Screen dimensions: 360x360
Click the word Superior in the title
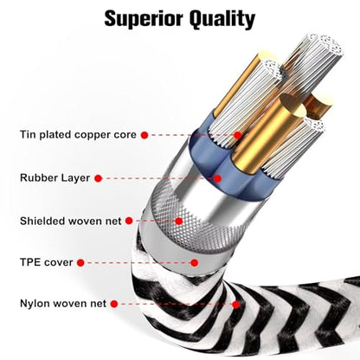click(x=145, y=18)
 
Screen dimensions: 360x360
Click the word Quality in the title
click(x=222, y=20)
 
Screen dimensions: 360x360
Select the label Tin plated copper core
click(x=78, y=135)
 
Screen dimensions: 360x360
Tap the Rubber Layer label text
click(x=55, y=177)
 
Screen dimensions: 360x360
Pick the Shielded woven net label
click(x=71, y=221)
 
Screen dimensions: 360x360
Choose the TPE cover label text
click(x=46, y=262)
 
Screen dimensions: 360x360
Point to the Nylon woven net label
click(x=63, y=304)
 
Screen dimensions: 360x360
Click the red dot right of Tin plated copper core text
click(x=145, y=135)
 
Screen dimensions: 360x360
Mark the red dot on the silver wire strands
click(x=238, y=135)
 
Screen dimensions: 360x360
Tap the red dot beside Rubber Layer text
click(x=99, y=178)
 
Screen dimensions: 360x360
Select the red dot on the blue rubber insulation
click(x=218, y=178)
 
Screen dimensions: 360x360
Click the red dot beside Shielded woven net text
click(x=129, y=221)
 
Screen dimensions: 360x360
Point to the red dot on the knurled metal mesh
click(x=179, y=222)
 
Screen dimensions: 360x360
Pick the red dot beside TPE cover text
click(x=80, y=263)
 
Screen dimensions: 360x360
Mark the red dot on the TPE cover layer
click(x=195, y=263)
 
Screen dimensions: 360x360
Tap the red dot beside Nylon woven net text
click(x=114, y=304)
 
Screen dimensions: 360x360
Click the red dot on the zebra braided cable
click(x=236, y=305)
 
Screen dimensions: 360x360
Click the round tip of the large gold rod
click(x=292, y=106)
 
